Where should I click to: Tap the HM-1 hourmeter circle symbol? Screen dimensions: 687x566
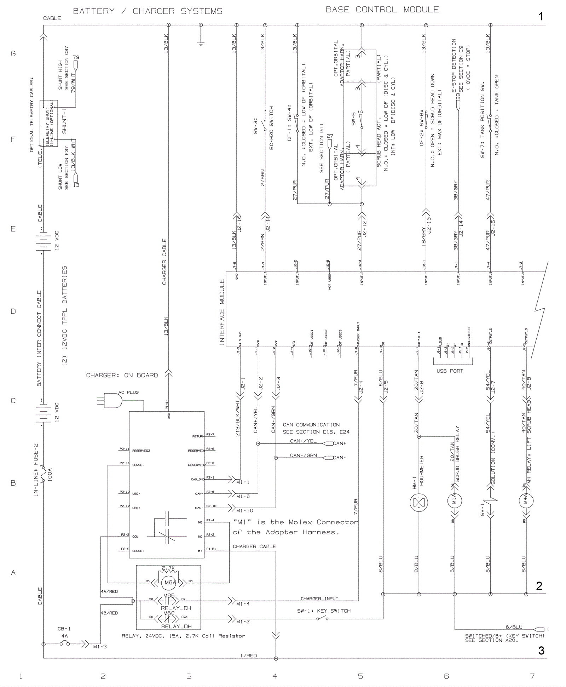[x=418, y=502]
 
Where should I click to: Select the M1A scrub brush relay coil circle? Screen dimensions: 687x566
[x=455, y=500]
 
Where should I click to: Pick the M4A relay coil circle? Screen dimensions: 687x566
[x=526, y=501]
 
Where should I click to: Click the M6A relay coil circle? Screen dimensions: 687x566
[x=169, y=582]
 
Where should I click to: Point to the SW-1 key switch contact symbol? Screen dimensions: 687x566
[x=322, y=619]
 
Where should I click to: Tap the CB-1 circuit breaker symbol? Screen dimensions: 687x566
[x=64, y=643]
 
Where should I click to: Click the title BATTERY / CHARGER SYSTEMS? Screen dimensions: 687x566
[x=148, y=11]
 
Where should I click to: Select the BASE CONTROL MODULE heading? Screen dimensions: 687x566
[x=382, y=10]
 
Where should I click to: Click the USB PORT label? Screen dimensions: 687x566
[x=450, y=371]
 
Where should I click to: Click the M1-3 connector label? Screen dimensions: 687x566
[x=100, y=647]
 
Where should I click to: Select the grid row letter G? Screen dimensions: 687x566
[x=13, y=54]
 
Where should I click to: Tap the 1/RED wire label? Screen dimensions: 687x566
[x=248, y=655]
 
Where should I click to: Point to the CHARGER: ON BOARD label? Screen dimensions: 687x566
[x=122, y=375]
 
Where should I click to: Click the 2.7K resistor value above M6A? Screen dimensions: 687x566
[x=168, y=568]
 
